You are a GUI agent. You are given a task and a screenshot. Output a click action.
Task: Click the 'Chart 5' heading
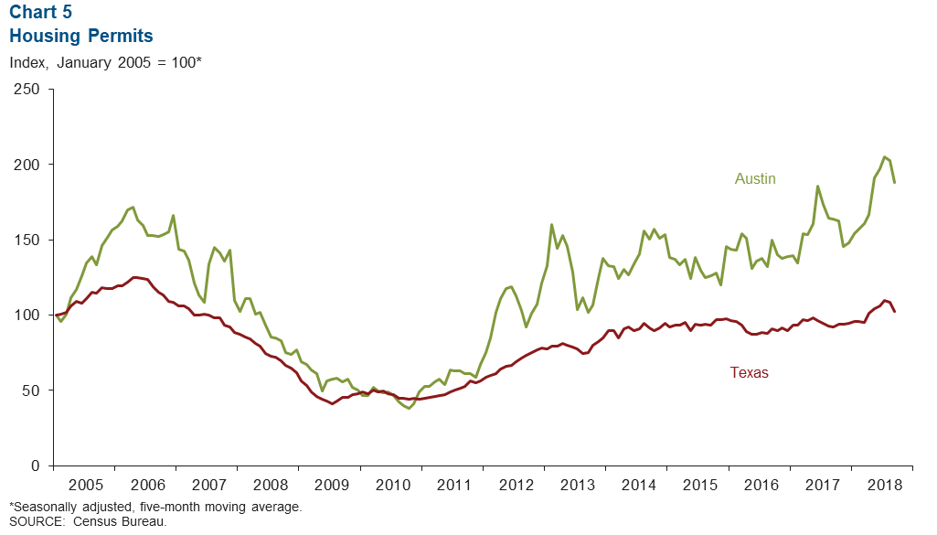pos(40,15)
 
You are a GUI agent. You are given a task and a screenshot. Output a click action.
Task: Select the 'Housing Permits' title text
pos(80,37)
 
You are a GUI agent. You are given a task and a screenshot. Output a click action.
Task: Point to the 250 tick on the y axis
pos(27,90)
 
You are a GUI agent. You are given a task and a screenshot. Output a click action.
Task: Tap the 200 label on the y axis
pos(27,165)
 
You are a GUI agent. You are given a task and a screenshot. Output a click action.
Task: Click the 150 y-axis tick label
pos(27,240)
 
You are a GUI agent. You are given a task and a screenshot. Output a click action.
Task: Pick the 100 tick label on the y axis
pos(27,315)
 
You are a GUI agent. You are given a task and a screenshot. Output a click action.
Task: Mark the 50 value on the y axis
pos(30,391)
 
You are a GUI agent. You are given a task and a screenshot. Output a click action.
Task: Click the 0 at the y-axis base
pos(35,465)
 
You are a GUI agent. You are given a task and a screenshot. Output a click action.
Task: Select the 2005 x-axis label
pos(85,483)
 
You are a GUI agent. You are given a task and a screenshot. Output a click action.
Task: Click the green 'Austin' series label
pos(755,179)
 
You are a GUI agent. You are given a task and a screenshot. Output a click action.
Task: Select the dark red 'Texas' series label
pos(749,372)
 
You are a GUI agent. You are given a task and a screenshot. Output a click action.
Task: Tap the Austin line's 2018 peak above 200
pos(884,157)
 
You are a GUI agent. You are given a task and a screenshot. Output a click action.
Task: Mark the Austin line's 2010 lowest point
pos(409,408)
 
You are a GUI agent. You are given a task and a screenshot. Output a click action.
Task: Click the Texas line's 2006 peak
pos(134,277)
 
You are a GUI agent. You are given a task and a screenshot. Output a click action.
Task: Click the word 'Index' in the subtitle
pos(27,63)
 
